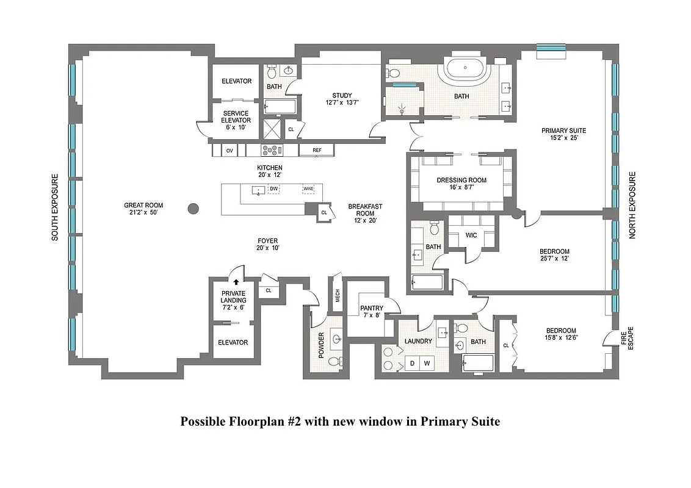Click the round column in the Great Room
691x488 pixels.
[x=193, y=209]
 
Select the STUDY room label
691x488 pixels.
[x=342, y=95]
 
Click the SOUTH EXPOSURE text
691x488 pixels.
[x=55, y=207]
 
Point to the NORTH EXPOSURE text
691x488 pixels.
[x=632, y=205]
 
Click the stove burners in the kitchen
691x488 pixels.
[x=269, y=150]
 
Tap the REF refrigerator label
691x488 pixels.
[x=317, y=150]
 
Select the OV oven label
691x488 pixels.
[x=230, y=150]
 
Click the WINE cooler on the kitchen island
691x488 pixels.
[x=308, y=189]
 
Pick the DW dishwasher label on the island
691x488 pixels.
[x=274, y=189]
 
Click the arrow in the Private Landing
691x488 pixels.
[x=236, y=282]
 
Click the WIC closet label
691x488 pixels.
[x=471, y=235]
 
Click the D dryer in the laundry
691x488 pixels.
[x=412, y=364]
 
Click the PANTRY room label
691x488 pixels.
[x=371, y=308]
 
